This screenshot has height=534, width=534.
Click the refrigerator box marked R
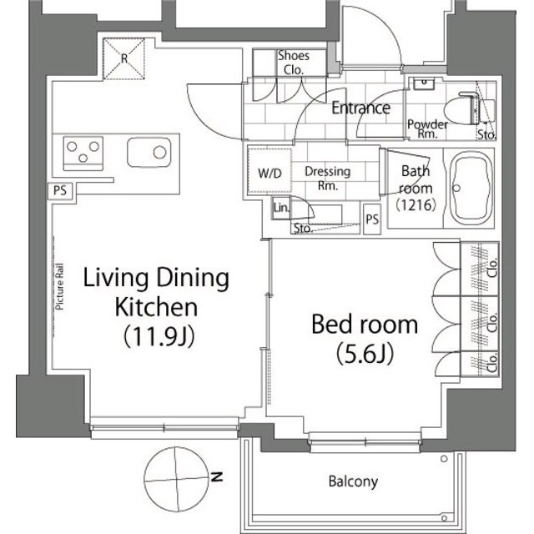pos(124,58)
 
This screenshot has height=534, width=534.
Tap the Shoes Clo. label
pos(294,63)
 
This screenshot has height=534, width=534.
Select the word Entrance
pos(361,108)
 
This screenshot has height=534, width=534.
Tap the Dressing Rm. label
pos(328,178)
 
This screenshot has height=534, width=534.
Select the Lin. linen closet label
pos(281,207)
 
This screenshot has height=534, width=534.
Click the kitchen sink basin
pos(149,152)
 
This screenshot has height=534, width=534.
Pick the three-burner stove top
pos(83,154)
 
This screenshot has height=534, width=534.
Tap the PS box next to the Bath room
pos(372,219)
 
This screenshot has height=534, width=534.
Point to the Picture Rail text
pos(60,286)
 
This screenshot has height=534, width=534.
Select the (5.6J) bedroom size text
pos(365,353)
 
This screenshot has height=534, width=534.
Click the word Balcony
pos(353,481)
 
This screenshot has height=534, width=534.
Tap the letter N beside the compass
pos(217,476)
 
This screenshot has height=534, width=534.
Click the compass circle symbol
pos(176,478)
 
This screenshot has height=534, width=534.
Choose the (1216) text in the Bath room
pos(416,204)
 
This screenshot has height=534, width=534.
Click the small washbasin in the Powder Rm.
pos(424,83)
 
